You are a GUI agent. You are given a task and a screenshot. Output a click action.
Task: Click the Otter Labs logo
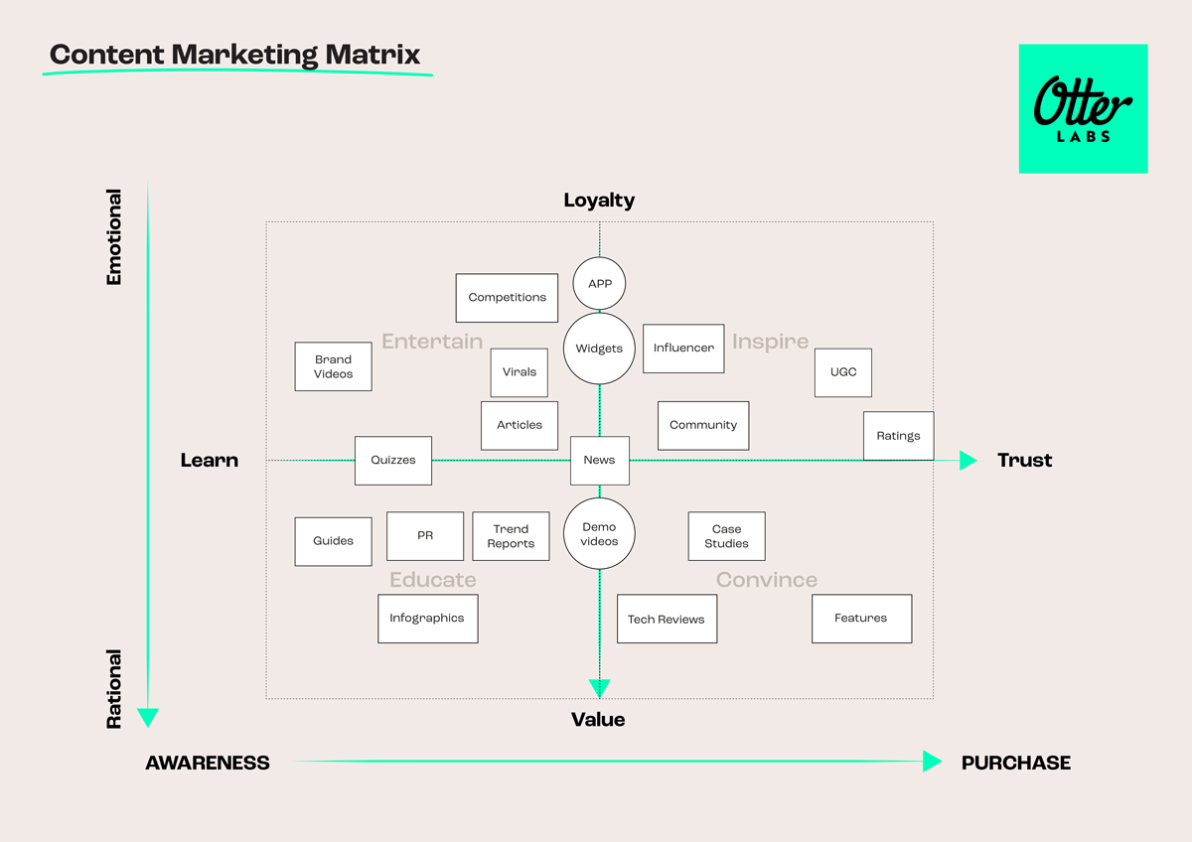click(1083, 108)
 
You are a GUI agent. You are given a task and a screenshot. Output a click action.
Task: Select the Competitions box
click(507, 298)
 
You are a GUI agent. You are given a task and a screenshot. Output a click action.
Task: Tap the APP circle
click(599, 284)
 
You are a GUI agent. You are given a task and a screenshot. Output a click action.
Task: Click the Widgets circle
click(599, 349)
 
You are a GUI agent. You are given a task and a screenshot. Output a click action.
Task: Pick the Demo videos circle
click(599, 534)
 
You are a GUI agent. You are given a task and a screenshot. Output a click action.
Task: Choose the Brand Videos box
click(334, 366)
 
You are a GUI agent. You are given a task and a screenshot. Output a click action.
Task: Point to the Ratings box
click(898, 436)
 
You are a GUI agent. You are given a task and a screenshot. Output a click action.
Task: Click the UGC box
click(843, 372)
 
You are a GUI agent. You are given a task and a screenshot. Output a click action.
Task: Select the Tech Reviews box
click(667, 620)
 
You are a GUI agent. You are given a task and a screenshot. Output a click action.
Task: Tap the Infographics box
click(427, 619)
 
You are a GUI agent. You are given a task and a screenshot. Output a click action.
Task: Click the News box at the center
click(600, 461)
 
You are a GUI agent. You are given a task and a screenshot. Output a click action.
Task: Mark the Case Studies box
click(727, 536)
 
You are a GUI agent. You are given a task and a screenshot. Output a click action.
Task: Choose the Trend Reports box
click(511, 536)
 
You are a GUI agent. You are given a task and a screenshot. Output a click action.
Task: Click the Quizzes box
click(393, 461)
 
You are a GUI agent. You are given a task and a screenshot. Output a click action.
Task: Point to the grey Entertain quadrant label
click(432, 342)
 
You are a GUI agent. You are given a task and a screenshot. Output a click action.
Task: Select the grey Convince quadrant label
click(767, 580)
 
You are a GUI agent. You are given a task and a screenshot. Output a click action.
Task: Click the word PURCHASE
click(1016, 763)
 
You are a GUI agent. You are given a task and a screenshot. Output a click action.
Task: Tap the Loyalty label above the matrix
click(599, 201)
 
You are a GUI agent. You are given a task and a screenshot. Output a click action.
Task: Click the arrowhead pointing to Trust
click(968, 461)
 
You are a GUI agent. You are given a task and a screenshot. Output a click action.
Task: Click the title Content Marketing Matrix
click(235, 55)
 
